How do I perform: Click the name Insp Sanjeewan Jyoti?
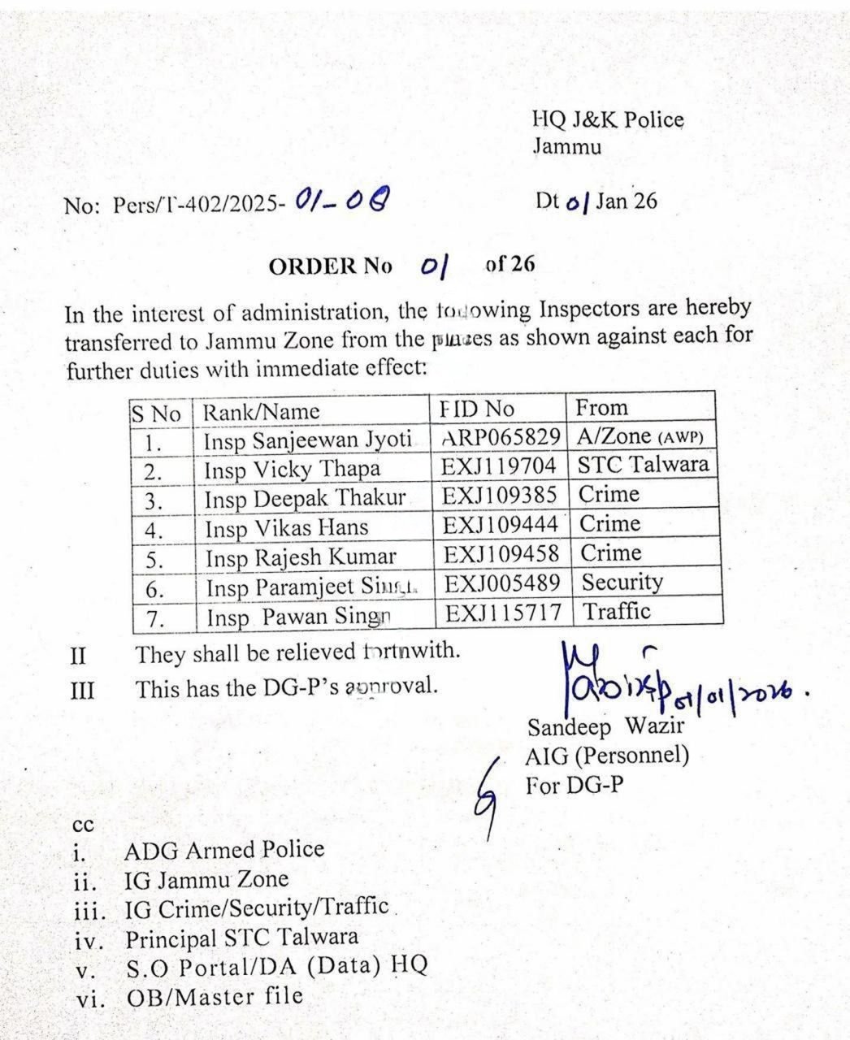click(306, 440)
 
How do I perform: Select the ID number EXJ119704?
click(500, 466)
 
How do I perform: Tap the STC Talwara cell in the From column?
click(644, 465)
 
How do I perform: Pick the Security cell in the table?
click(622, 582)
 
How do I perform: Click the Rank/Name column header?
click(261, 412)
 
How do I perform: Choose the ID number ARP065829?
click(501, 437)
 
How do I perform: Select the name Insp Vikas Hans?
click(286, 528)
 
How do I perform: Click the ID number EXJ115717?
click(503, 613)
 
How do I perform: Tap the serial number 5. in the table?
click(154, 560)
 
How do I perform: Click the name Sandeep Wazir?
click(595, 726)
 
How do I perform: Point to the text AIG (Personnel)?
click(607, 756)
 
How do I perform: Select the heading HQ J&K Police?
click(608, 120)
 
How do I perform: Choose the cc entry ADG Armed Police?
click(223, 851)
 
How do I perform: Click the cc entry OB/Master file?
click(215, 997)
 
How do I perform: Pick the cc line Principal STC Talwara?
click(241, 938)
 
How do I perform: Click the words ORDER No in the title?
click(330, 266)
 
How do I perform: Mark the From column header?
click(601, 408)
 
